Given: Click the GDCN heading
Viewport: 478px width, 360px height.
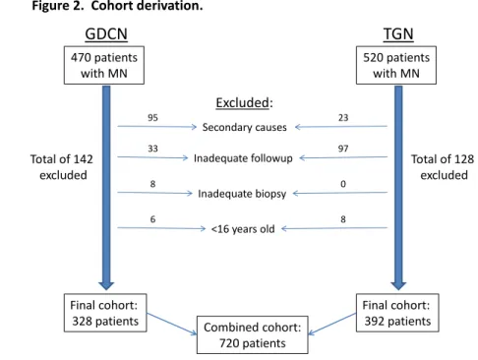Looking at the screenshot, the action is [106, 34].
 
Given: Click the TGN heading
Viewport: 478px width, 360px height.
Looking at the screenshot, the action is [398, 34].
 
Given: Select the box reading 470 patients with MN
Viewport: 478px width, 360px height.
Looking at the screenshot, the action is [104, 65].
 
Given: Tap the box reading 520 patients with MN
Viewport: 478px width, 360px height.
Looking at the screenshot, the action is [396, 65].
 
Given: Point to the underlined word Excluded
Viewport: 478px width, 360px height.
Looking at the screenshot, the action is [242, 103].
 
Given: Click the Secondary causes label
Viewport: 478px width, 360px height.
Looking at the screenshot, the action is [244, 127].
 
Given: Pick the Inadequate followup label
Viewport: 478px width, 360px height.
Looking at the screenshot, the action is [243, 158].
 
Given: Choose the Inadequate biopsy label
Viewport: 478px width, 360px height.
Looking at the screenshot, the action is [242, 194].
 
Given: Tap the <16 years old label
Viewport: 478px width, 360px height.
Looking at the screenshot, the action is [243, 229].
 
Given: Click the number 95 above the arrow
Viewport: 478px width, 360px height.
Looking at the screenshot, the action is [152, 118].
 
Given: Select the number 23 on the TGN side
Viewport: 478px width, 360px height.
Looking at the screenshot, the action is [343, 118].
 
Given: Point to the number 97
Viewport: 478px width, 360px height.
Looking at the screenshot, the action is [343, 149].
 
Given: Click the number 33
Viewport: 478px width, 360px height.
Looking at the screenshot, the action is [152, 149].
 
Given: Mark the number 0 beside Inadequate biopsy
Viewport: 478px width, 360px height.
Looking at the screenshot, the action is [343, 184].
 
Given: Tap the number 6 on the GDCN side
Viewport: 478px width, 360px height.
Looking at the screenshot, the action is [152, 219].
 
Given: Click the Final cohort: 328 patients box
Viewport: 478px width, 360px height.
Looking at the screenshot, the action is [105, 313].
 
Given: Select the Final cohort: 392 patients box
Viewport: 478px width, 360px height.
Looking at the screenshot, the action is [397, 313].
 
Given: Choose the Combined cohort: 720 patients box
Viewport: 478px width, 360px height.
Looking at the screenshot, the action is [253, 334].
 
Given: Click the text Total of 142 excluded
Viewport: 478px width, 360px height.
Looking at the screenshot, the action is [62, 167].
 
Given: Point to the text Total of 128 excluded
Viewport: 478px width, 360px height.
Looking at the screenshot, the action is [443, 167].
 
